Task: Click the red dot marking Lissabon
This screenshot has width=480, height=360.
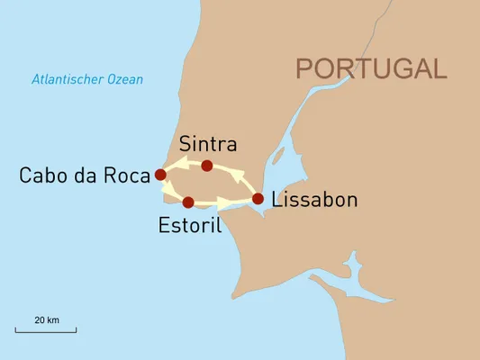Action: pyautogui.click(x=258, y=199)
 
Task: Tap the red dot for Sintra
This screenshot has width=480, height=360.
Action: pyautogui.click(x=207, y=166)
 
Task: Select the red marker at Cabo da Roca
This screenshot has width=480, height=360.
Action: pyautogui.click(x=160, y=175)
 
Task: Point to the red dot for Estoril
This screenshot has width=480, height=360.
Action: pyautogui.click(x=189, y=202)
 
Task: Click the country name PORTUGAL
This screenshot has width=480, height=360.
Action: pyautogui.click(x=371, y=68)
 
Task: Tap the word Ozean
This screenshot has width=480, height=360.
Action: pyautogui.click(x=124, y=79)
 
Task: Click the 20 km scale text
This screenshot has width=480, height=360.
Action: pyautogui.click(x=47, y=320)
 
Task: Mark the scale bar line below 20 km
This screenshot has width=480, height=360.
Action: pyautogui.click(x=46, y=331)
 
